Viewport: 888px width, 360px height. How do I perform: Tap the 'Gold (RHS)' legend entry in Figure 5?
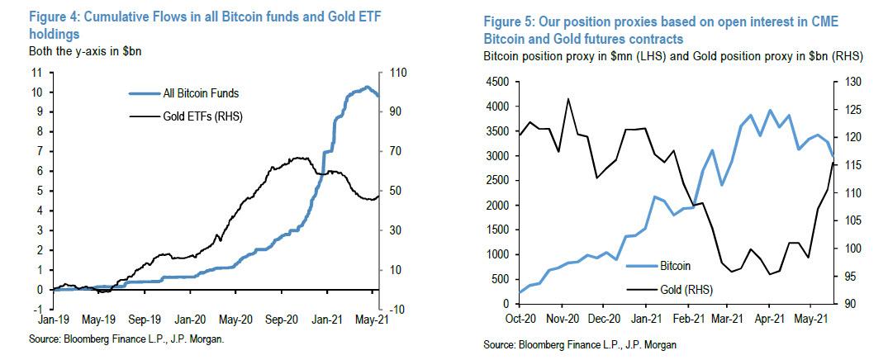[x=686, y=290]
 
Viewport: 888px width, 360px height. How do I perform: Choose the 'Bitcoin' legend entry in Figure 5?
[x=675, y=267]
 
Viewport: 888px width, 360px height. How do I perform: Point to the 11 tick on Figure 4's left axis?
[x=37, y=72]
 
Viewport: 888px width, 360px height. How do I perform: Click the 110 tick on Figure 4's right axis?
[x=400, y=72]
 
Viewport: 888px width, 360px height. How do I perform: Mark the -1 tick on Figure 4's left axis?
[x=39, y=309]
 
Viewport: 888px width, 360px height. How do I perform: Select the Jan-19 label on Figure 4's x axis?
[x=53, y=319]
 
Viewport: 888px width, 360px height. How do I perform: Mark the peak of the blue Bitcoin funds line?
[x=367, y=87]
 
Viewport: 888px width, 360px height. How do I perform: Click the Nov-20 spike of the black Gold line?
[x=568, y=99]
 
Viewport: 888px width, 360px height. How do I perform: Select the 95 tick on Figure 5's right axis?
[x=848, y=277]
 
